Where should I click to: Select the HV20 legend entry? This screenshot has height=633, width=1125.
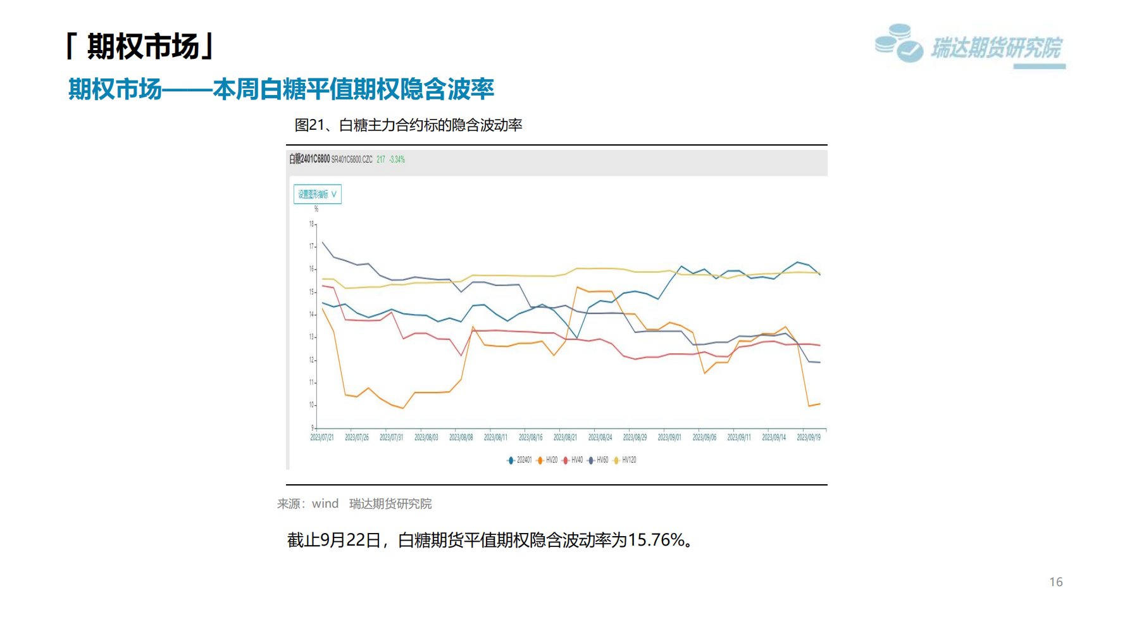[548, 460]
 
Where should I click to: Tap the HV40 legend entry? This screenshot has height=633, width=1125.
[573, 460]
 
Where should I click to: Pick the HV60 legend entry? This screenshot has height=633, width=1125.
[599, 460]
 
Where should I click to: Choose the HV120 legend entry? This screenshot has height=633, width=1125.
[625, 460]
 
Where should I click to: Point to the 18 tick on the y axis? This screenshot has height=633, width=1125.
[311, 224]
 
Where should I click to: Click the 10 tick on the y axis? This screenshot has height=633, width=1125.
[311, 405]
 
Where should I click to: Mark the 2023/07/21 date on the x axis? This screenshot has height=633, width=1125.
[322, 437]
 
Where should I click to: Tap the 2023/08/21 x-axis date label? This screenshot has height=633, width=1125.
[565, 437]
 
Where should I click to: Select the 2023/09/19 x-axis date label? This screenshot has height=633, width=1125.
[809, 437]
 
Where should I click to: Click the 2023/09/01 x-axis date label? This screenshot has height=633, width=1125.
[669, 437]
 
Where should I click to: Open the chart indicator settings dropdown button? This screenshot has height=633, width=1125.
[318, 194]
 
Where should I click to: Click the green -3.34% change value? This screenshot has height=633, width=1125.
[397, 160]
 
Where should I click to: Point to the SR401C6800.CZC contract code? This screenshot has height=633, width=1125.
[352, 160]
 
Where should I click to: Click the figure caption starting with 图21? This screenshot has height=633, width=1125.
[408, 125]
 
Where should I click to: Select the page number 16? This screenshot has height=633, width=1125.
[1056, 582]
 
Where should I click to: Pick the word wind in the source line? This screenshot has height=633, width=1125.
[325, 504]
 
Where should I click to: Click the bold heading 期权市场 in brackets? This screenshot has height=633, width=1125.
[143, 47]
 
